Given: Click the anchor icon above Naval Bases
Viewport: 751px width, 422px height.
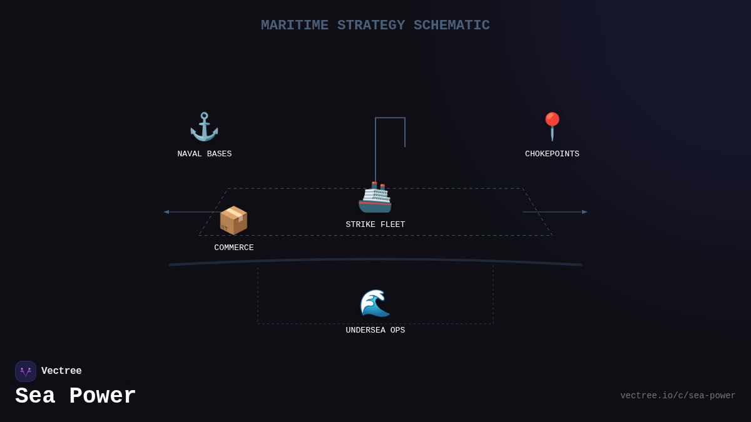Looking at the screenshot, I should (204, 127).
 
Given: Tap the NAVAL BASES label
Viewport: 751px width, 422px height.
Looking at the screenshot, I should (204, 154).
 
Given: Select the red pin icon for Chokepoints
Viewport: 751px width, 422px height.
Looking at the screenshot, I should (552, 126).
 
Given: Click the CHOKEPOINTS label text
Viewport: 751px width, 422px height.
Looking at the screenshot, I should (552, 154).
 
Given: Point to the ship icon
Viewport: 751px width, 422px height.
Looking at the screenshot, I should (375, 198).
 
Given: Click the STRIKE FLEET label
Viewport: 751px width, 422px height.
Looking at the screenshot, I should (375, 225).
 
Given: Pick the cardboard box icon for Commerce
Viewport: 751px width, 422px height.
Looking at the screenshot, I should (233, 220).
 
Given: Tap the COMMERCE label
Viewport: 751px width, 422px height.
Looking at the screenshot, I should (233, 248).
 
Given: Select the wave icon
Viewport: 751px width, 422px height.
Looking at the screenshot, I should (375, 303).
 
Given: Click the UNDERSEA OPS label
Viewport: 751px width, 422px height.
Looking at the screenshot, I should (375, 331).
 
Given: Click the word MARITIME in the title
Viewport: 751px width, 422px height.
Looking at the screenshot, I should (294, 26).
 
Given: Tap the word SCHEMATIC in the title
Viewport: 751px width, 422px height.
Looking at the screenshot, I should (451, 26).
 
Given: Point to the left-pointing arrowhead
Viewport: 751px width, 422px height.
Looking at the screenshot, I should (166, 212).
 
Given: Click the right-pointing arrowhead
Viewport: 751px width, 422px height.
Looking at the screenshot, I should (585, 212).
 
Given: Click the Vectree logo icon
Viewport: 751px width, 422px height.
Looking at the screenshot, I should (26, 371).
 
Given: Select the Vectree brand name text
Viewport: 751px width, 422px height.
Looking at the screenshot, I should (61, 371).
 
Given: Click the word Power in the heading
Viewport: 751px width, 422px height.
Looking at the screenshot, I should (102, 396).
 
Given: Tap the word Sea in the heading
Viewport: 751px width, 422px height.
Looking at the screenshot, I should (35, 396).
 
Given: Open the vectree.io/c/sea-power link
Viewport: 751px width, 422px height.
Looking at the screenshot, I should (678, 396).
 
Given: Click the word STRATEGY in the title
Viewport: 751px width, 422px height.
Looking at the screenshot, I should (370, 26).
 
